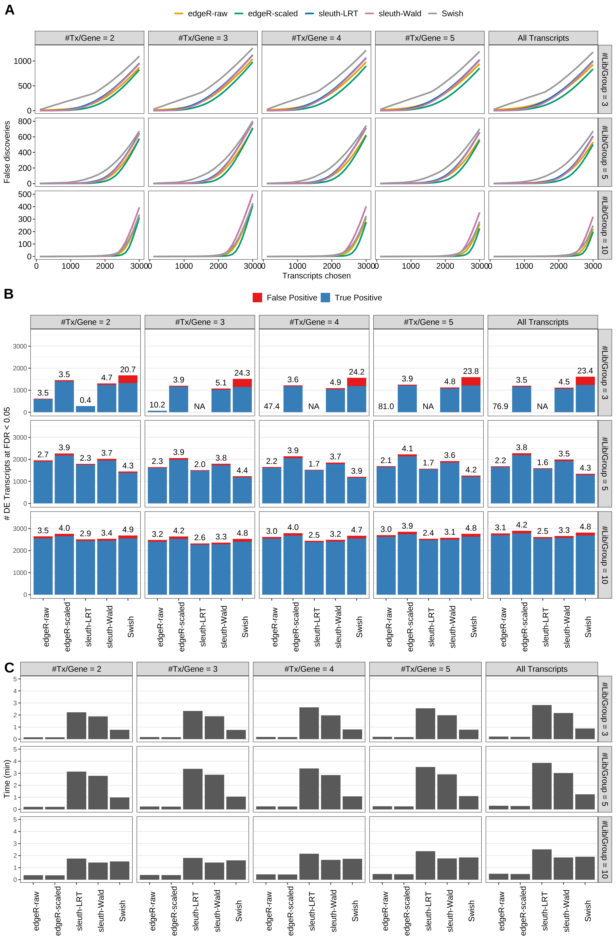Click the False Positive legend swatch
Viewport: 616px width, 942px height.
pyautogui.click(x=257, y=298)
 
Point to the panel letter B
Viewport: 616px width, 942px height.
pyautogui.click(x=9, y=294)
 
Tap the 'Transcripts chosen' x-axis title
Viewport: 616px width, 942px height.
pyautogui.click(x=316, y=276)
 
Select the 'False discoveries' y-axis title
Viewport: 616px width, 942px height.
pyautogui.click(x=7, y=152)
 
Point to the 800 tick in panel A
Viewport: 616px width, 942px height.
pyautogui.click(x=25, y=121)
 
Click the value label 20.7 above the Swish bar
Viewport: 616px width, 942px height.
pyautogui.click(x=128, y=370)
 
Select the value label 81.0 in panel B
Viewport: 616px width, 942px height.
pyautogui.click(x=386, y=407)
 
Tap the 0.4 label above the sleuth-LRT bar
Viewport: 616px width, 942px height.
pyautogui.click(x=86, y=400)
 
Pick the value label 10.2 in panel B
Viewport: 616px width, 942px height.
pyautogui.click(x=157, y=405)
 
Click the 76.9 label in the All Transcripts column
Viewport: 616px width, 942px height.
pyautogui.click(x=500, y=407)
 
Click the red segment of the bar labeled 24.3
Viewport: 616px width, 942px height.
pyautogui.click(x=242, y=383)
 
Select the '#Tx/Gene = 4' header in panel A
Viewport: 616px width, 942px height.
pyautogui.click(x=316, y=38)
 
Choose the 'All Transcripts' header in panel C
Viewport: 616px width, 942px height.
pyautogui.click(x=542, y=669)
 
